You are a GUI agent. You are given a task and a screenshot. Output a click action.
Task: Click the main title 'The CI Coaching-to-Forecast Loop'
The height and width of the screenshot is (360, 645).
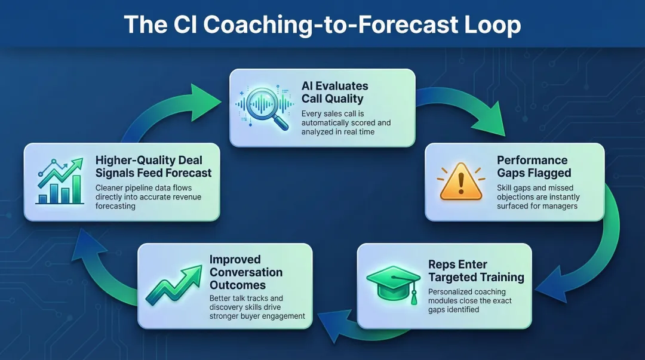point(322,26)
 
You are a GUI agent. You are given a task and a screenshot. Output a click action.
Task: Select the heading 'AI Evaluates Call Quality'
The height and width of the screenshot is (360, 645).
point(334,93)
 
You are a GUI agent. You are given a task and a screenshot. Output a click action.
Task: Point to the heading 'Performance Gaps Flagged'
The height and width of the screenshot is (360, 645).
point(533,167)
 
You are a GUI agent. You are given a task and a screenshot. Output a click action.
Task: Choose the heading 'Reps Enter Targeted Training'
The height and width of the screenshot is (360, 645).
point(476,271)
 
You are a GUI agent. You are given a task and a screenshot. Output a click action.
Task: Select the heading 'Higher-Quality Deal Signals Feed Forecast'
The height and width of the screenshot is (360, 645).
point(153,167)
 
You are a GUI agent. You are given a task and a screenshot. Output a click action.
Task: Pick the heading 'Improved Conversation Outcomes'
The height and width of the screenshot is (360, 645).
point(245,272)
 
